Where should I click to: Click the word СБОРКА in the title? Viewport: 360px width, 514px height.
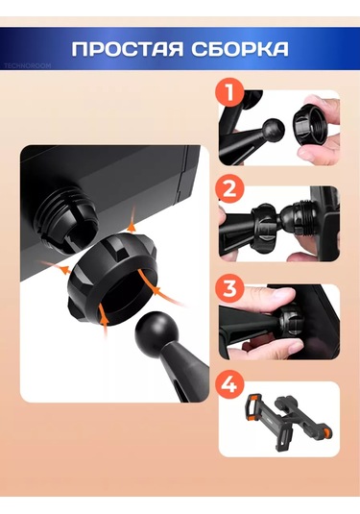coord(240,49)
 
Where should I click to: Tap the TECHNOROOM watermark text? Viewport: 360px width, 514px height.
coord(28,66)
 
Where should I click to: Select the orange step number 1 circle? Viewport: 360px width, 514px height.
coord(230,92)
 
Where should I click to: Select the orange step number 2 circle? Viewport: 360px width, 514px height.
coord(230,190)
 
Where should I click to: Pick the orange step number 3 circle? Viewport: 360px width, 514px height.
coord(230,288)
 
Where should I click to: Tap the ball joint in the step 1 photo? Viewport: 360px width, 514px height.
coord(275,130)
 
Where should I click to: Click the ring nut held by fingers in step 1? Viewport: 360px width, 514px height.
coord(310,125)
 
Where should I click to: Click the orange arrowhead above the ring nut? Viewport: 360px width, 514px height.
coord(132,226)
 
